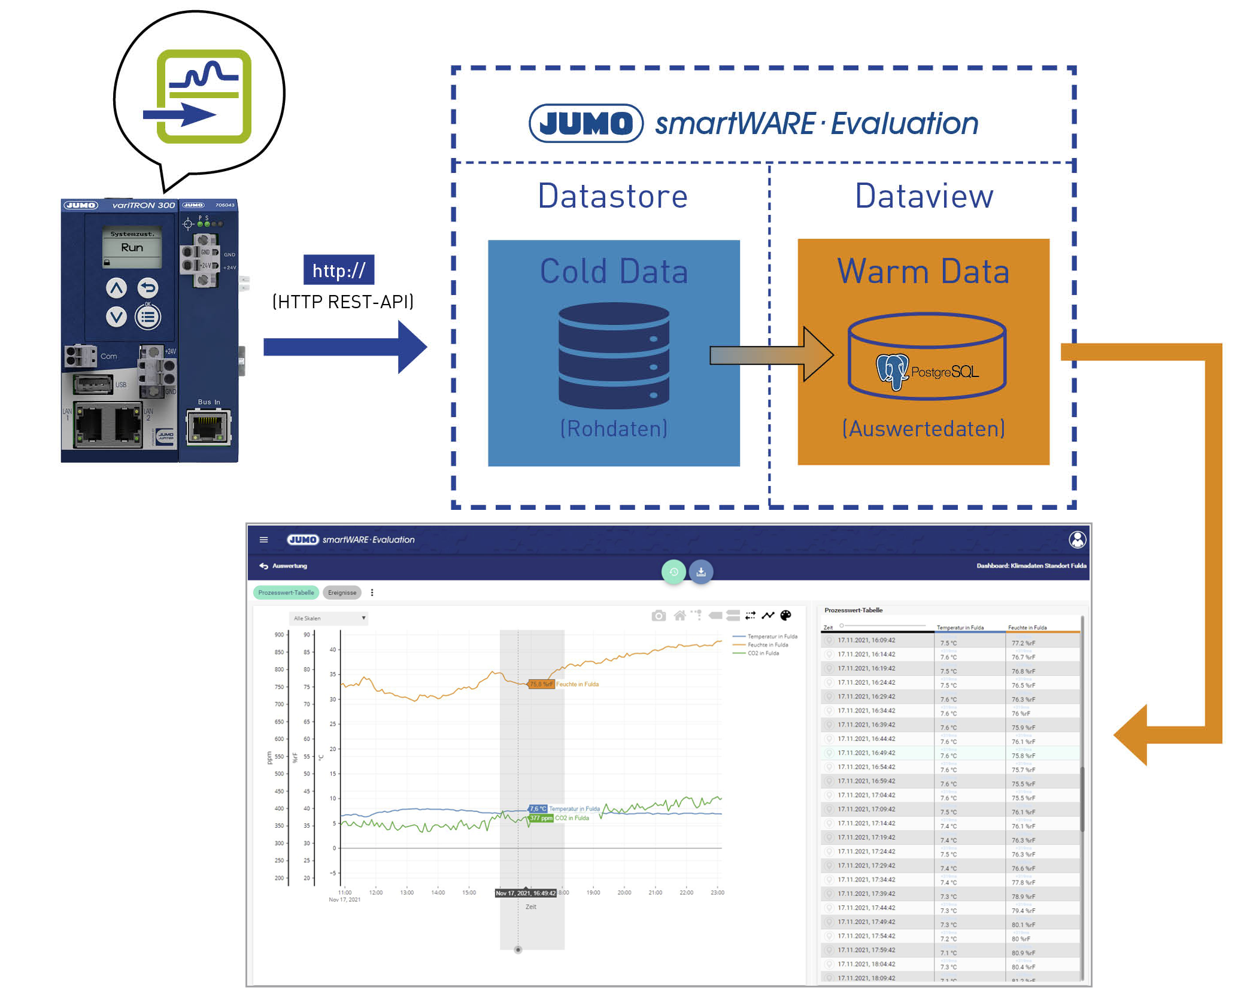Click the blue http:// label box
339,270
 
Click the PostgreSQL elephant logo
892,370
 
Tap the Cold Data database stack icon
614,355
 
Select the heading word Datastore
612,196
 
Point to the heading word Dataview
924,196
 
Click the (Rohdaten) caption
614,428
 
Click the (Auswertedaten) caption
923,428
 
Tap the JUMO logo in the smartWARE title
585,123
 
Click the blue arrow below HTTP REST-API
344,347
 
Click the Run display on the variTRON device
132,247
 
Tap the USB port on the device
93,384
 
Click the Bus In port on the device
208,427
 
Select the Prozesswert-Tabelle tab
286,592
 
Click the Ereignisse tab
342,592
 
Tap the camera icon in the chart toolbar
659,616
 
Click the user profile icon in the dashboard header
1077,540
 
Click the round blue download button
701,572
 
